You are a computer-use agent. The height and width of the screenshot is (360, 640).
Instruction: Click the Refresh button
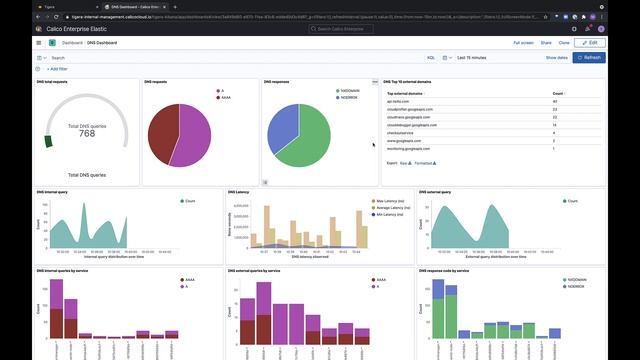click(589, 58)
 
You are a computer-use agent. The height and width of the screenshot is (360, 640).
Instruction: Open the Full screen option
click(523, 43)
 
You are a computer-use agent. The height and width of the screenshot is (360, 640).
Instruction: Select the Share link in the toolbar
click(546, 43)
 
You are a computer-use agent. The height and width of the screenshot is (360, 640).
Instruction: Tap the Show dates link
click(557, 58)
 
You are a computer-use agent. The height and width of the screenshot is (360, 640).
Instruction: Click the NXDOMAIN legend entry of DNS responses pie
click(349, 90)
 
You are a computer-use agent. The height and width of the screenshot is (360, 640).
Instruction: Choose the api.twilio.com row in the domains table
click(400, 101)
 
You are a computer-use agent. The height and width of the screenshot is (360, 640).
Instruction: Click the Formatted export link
click(425, 162)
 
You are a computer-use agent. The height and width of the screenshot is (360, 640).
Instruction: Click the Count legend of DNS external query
click(573, 201)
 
